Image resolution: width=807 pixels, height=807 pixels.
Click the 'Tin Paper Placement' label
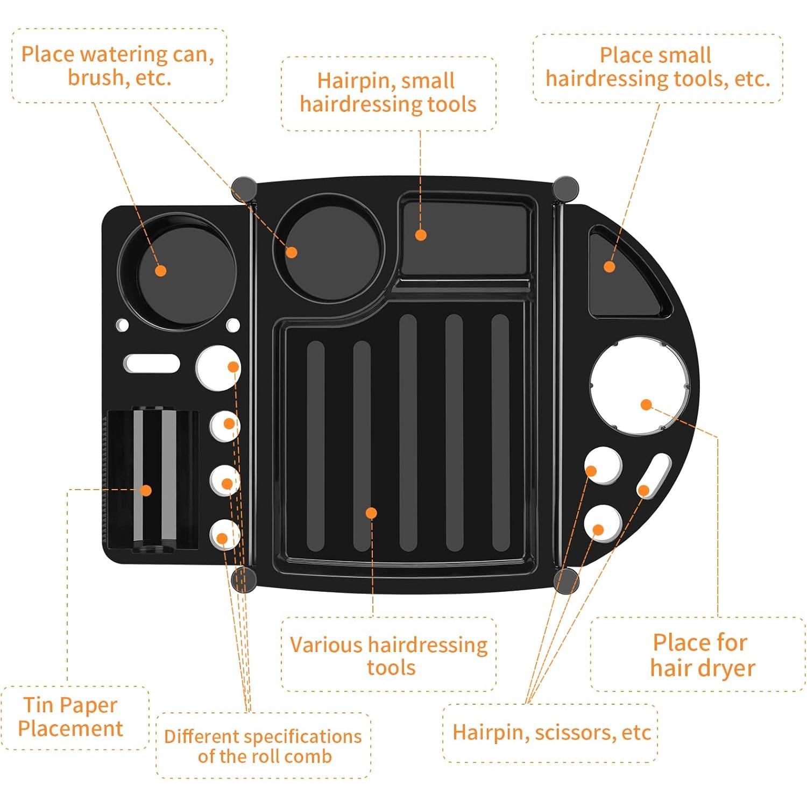pos(70,717)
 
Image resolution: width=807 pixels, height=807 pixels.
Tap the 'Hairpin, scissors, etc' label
pos(551,732)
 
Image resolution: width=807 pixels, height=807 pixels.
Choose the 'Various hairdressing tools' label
pos(389,655)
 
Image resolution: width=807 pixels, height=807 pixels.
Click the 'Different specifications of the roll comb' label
pos(263,746)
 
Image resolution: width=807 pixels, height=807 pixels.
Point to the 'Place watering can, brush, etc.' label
pos(118,66)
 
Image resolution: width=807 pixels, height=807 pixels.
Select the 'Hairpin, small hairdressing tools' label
pos(388,92)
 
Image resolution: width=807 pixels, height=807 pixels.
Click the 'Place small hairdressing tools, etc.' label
pos(657,67)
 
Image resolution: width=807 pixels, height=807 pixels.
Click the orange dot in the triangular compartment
pos(609,266)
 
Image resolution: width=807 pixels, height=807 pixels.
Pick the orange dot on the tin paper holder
pos(146,490)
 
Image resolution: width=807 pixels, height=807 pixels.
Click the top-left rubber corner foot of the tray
pos(244,188)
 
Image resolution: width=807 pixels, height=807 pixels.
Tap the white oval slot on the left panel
pos(151,363)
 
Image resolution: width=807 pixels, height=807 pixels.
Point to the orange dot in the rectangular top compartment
pos(421,235)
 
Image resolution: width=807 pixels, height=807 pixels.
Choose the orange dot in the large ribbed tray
pos(371,513)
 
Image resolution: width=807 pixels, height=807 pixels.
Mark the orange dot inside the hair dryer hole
pos(647,405)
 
